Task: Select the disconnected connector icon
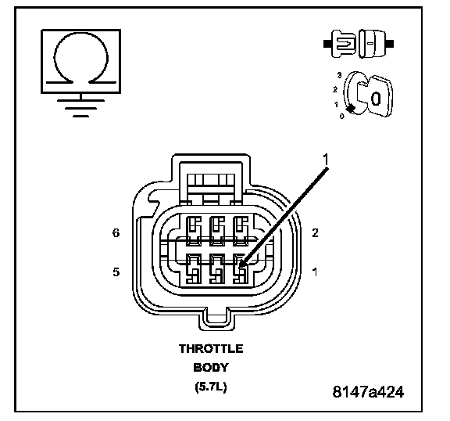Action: [359, 43]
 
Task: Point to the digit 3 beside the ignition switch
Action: [340, 75]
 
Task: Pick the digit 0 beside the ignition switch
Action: [341, 117]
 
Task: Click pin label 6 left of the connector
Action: [116, 232]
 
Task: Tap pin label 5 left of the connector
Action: [116, 272]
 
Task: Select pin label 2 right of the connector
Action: [315, 232]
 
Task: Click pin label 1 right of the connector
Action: [315, 272]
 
